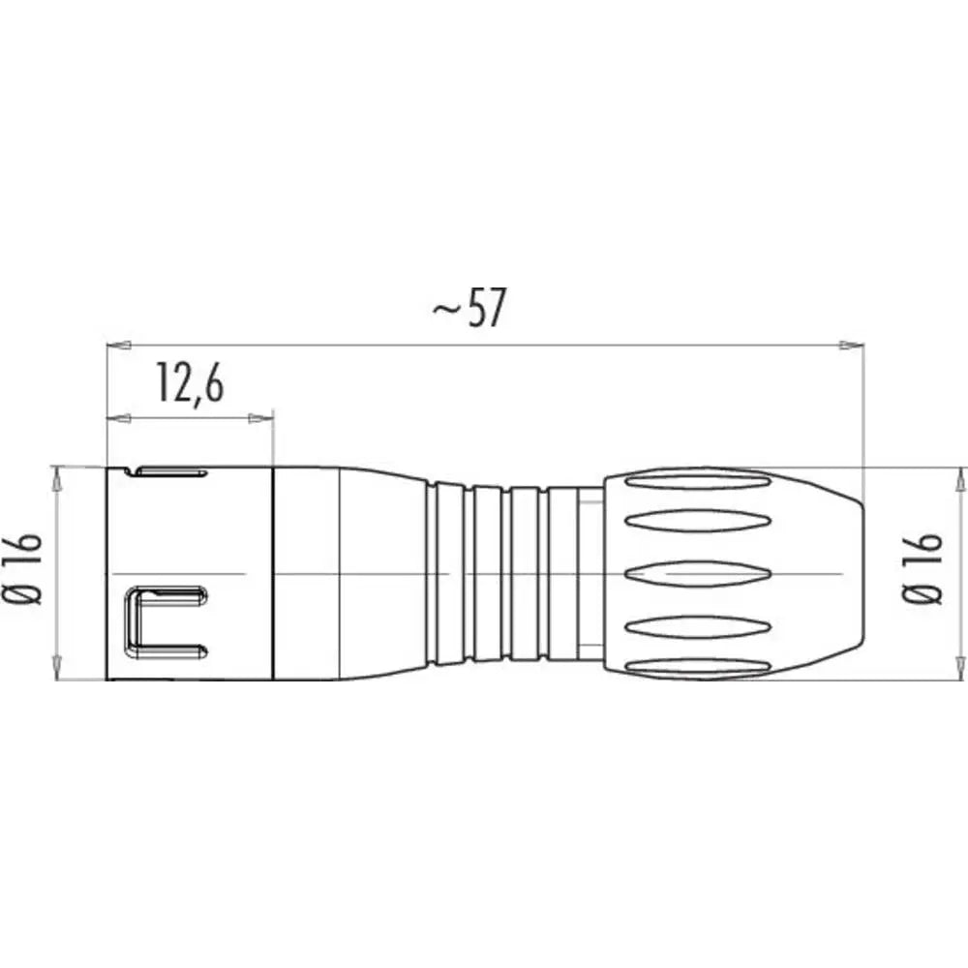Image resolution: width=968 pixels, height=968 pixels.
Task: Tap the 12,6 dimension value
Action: point(189,384)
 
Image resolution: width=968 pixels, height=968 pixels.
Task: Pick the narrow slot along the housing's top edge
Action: point(170,473)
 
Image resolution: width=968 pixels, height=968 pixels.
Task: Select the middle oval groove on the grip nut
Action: point(698,574)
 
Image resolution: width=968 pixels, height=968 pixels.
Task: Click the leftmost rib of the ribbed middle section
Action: point(449,574)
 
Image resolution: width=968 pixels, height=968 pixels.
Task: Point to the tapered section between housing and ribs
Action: point(382,574)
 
